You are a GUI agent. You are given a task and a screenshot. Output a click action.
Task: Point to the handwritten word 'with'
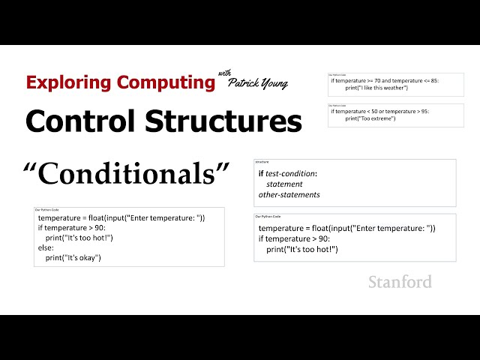tap(225, 73)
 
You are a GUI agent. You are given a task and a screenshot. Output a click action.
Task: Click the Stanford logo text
tap(400, 282)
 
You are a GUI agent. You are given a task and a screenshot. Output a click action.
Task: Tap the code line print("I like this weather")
tap(376, 88)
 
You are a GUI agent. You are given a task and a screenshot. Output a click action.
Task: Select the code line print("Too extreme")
tap(370, 118)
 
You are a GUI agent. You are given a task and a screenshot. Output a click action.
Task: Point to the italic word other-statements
tap(289, 194)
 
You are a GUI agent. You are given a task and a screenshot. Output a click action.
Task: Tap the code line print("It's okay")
tap(73, 257)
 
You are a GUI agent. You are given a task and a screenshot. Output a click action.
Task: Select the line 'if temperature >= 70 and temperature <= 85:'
tap(384, 80)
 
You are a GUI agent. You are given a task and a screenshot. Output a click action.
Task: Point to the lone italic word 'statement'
tap(284, 184)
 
